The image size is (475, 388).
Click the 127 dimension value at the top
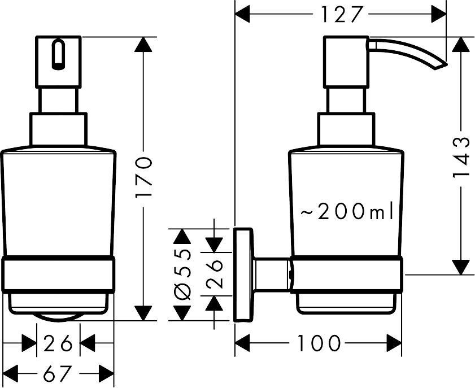(341, 15)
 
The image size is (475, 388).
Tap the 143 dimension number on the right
(462, 156)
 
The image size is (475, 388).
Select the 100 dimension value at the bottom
(319, 342)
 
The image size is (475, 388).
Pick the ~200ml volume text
(346, 212)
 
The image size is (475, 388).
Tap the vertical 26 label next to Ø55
(214, 274)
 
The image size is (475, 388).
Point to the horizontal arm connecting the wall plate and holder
(272, 275)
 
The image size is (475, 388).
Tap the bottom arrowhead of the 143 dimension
(462, 266)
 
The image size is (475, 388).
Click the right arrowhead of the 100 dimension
(394, 342)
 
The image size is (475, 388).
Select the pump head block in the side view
(346, 62)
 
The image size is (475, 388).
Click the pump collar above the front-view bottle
(58, 130)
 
